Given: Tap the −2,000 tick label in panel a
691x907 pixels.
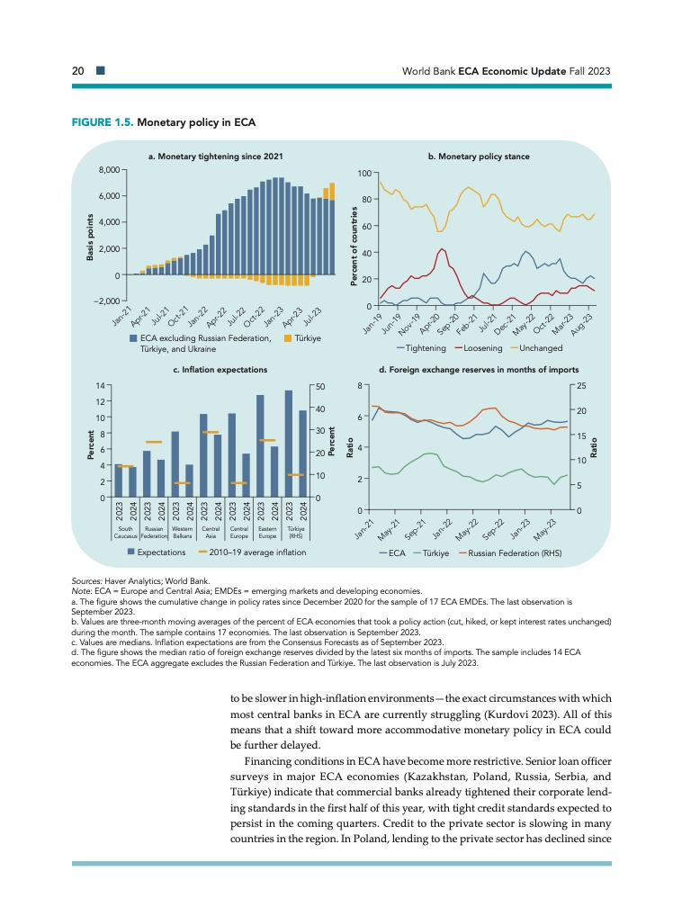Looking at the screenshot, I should click(107, 301).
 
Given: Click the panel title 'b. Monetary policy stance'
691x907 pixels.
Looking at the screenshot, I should click(479, 157).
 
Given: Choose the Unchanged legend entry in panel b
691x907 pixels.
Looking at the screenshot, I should click(536, 347).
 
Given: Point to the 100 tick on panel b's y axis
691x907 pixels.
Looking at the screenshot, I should click(364, 173).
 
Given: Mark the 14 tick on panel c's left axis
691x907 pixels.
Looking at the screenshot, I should click(99, 385).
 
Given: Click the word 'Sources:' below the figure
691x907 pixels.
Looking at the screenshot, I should click(86, 583).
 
